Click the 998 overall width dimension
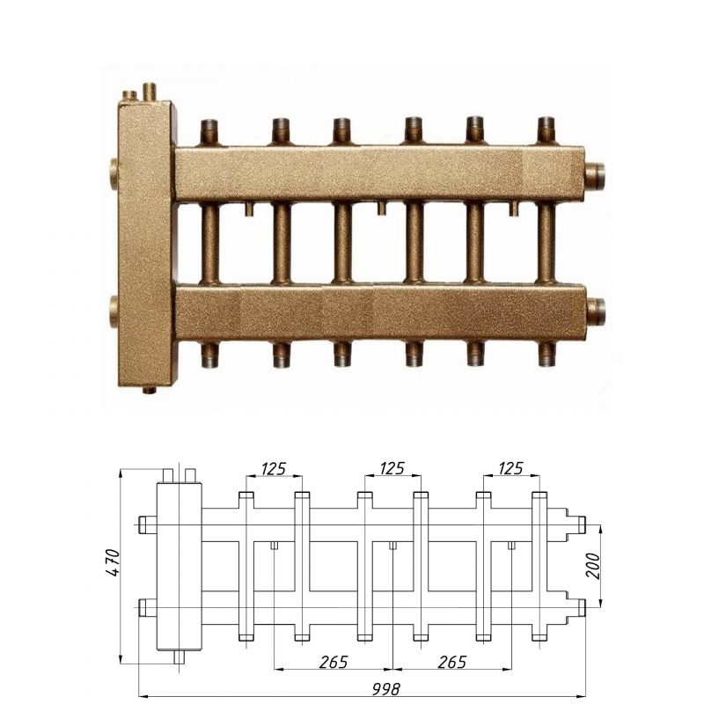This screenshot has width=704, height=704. tap(385, 688)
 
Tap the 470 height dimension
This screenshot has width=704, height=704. tap(114, 562)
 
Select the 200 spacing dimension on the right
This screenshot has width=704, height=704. tap(592, 566)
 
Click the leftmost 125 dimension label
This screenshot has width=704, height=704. tap(274, 468)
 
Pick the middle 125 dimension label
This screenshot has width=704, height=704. tap(392, 468)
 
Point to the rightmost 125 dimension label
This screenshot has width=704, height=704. tap(510, 468)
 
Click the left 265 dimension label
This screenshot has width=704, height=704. tap(334, 662)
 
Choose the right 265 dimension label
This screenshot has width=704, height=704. tap(451, 662)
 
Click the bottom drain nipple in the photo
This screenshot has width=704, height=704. tap(150, 389)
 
